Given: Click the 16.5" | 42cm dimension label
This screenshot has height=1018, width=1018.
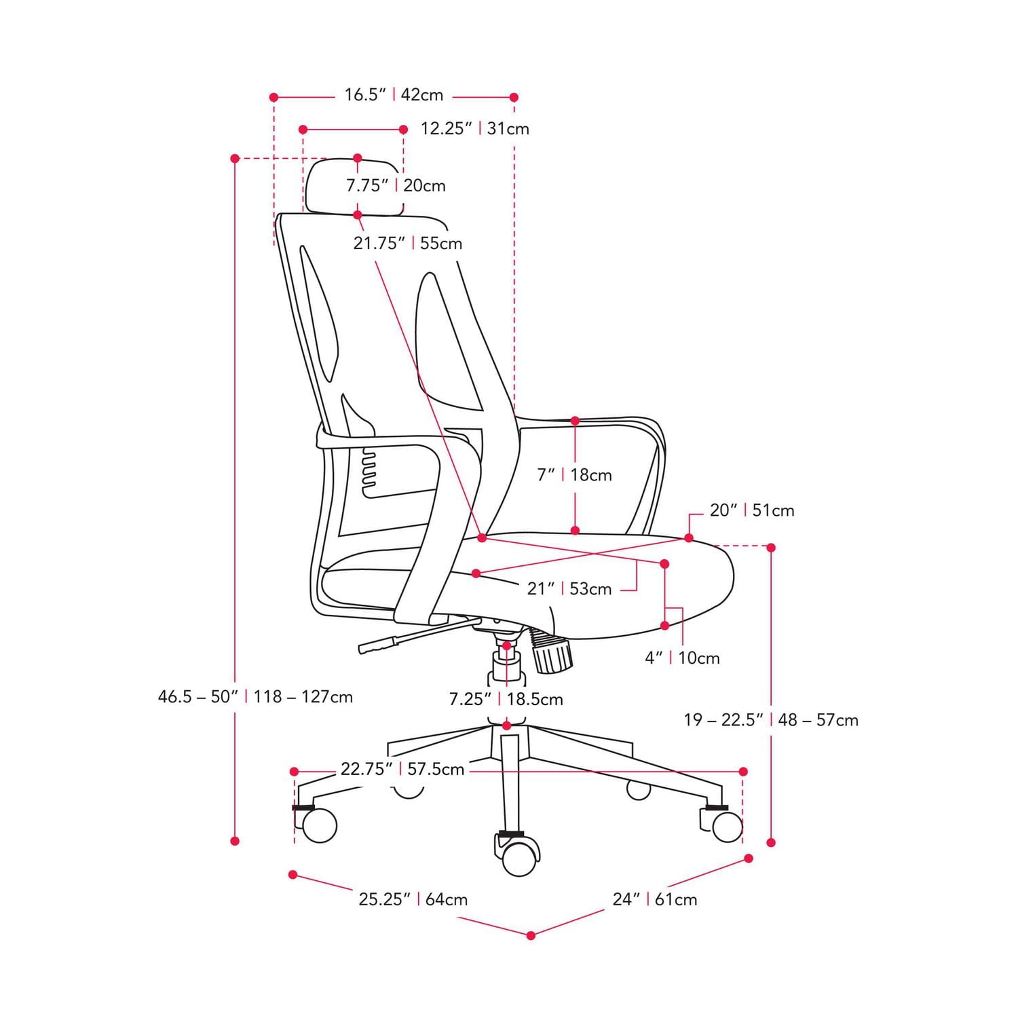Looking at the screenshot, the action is click(x=394, y=95).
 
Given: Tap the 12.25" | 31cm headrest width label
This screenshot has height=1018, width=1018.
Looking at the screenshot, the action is click(x=474, y=128).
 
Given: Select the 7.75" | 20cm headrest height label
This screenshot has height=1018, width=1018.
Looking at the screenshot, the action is click(x=396, y=185).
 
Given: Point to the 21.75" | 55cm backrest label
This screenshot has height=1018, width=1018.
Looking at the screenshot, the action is click(x=407, y=243).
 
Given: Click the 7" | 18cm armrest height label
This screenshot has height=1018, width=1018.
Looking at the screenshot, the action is click(x=574, y=475).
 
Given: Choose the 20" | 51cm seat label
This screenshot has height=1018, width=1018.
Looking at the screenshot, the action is click(x=751, y=510).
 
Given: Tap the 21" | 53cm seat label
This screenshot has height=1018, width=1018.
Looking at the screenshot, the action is click(x=569, y=589).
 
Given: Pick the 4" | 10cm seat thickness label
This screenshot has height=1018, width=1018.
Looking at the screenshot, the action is click(x=681, y=658).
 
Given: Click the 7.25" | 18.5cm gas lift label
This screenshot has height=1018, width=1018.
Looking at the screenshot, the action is click(x=506, y=699).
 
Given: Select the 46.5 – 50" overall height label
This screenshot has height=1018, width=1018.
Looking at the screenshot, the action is click(x=255, y=697).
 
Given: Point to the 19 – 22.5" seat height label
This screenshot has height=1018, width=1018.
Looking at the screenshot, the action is click(x=770, y=720).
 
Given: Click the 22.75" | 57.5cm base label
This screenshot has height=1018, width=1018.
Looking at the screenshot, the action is click(x=402, y=770).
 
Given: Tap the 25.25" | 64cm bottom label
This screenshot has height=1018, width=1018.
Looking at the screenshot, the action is click(x=413, y=899).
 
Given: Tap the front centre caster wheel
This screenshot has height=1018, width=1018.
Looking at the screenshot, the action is click(x=519, y=859).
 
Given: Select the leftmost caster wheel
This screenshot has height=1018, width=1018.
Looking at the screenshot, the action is click(x=318, y=825).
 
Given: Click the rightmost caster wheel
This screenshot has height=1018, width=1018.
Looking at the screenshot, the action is click(x=727, y=826).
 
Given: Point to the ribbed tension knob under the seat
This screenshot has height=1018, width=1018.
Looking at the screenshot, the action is click(x=552, y=653).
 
